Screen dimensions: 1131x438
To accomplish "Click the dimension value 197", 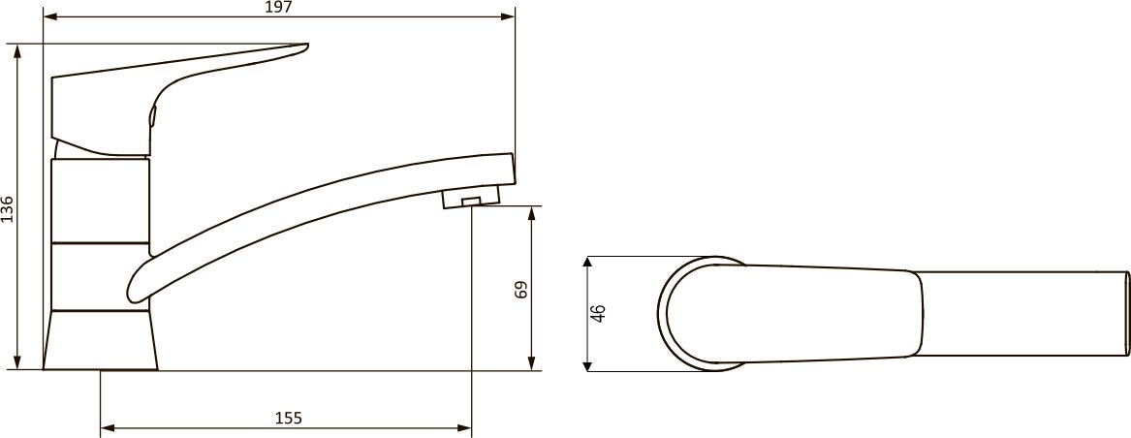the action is click(278, 7).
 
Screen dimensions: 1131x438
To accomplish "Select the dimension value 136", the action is click(7, 208).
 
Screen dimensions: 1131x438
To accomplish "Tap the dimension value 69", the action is click(521, 290).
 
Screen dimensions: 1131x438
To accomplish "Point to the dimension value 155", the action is click(289, 418).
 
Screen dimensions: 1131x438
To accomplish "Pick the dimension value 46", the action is click(599, 313).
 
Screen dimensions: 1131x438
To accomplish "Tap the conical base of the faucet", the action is click(100, 340).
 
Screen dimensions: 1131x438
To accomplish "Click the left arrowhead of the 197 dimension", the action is click(50, 16).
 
